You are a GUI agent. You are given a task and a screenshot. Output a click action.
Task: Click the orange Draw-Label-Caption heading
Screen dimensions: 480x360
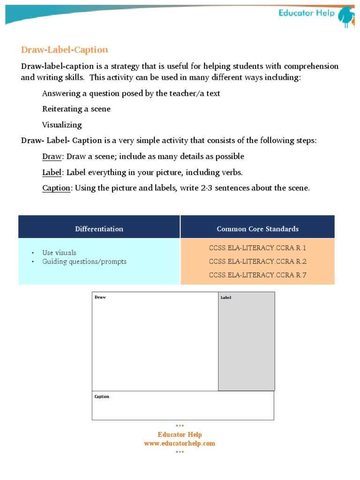65,50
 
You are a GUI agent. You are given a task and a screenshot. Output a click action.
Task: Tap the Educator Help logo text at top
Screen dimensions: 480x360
307,13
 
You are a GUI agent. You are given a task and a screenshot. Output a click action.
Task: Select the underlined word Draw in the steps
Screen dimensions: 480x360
52,156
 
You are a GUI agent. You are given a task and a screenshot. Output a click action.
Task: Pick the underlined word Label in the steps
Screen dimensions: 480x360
52,172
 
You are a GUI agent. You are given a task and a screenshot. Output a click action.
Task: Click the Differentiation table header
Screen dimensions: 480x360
99,229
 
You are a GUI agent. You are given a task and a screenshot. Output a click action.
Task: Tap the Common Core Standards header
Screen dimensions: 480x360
257,229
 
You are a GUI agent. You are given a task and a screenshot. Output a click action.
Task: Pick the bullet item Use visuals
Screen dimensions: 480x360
59,253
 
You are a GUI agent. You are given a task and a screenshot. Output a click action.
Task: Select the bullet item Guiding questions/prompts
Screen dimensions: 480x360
84,262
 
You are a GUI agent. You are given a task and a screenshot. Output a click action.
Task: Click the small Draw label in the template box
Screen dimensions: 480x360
100,297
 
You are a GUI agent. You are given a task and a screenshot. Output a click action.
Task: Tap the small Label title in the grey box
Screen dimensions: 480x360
226,298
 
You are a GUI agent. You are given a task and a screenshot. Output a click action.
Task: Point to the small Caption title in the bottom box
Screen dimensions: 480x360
102,397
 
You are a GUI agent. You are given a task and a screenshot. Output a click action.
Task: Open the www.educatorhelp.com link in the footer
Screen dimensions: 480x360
180,443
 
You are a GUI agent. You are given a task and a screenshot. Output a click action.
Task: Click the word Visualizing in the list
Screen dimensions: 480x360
62,125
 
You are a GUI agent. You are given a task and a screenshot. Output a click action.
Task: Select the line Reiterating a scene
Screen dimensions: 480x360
76,109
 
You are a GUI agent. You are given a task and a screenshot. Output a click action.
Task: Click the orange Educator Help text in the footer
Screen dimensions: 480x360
180,435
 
